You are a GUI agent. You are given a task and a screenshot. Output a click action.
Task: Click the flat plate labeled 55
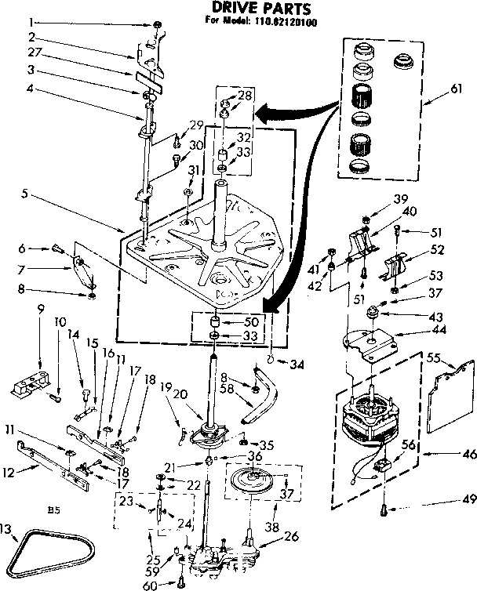coord(450,392)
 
